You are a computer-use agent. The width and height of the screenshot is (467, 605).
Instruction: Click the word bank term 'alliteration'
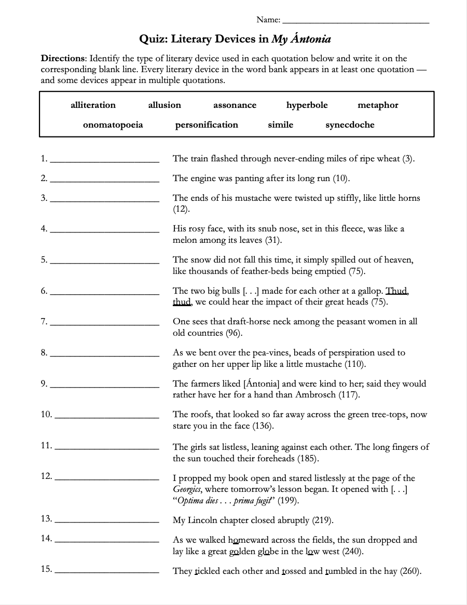coord(93,105)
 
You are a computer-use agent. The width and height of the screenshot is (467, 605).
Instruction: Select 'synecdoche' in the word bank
coord(350,125)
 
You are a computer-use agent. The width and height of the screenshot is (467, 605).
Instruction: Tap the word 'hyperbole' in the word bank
coord(307,105)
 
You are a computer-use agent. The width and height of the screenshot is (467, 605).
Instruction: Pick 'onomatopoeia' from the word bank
coord(113,125)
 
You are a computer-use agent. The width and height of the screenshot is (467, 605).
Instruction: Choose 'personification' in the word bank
coord(207,125)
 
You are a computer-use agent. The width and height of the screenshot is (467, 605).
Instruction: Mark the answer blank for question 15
coord(106,572)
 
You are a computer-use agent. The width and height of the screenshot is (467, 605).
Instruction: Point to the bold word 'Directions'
coord(63,58)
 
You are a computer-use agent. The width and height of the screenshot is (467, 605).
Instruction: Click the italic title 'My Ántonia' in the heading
coord(301,39)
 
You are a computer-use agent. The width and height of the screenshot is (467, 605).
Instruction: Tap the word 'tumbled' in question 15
coord(340,571)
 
